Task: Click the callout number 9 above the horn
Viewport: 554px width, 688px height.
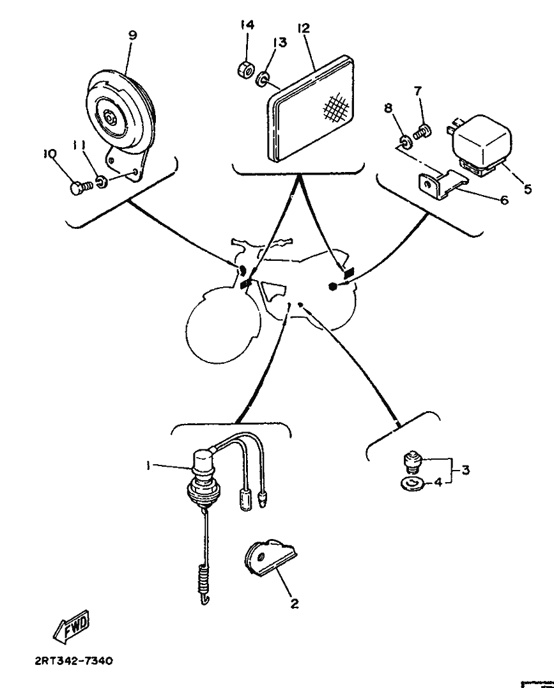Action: tap(132, 35)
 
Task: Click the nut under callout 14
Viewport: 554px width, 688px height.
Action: tap(245, 69)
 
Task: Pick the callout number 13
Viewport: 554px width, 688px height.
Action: tap(280, 42)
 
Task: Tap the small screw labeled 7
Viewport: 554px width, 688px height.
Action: tap(422, 130)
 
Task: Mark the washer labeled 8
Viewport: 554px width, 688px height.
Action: tap(405, 141)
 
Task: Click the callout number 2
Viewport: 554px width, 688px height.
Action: tap(295, 604)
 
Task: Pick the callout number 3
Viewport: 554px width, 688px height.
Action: tap(466, 470)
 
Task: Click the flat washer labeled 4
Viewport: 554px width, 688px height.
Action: tap(412, 483)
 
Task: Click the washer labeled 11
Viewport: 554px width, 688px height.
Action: tap(102, 182)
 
